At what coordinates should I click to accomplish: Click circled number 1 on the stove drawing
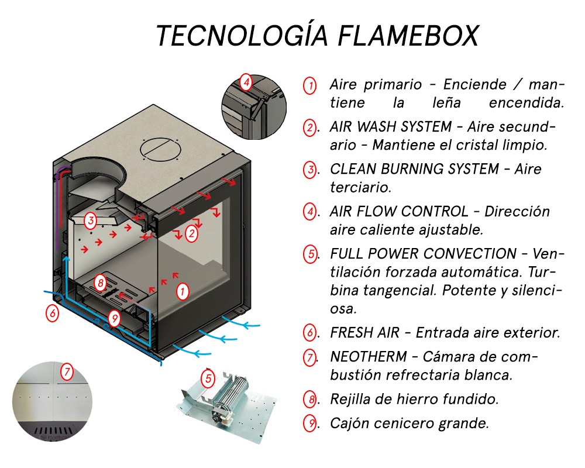coord(183,291)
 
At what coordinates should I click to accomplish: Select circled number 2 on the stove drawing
coord(191,234)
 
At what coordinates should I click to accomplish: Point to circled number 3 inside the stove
coord(90,221)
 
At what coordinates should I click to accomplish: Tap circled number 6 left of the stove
coord(53,313)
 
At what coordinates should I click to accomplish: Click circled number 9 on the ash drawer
coord(114,318)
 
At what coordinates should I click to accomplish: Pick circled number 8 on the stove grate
coord(101,284)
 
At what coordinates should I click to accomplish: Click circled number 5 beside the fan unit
coord(208,378)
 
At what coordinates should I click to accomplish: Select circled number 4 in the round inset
coord(246,82)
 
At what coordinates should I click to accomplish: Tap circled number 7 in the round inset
coord(67,371)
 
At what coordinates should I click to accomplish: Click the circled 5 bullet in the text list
coord(309,254)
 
